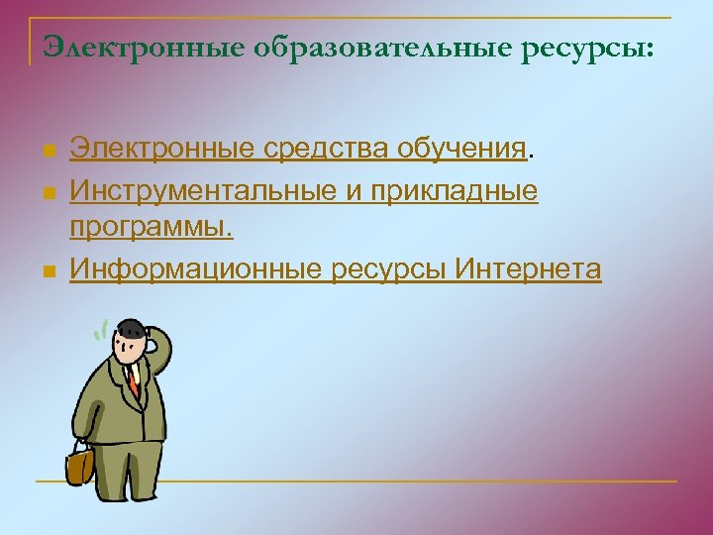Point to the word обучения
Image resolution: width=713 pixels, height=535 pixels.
[x=460, y=150]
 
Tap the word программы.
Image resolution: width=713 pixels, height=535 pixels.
[x=152, y=228]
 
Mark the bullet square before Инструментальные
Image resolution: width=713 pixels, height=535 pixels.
[x=49, y=191]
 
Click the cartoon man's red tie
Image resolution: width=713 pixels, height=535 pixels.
[x=132, y=380]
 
